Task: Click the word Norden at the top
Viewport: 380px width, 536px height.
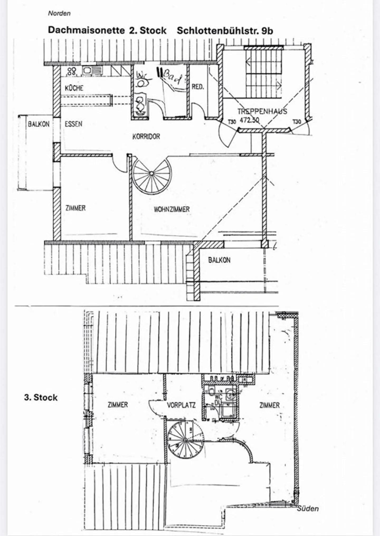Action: tap(59, 13)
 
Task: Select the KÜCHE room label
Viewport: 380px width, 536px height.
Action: tap(74, 88)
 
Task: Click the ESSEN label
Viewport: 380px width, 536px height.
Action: tap(73, 124)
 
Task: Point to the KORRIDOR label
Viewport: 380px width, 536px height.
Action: tap(146, 136)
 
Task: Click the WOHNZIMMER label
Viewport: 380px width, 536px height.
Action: tap(172, 209)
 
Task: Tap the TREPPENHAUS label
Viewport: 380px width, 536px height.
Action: tap(262, 111)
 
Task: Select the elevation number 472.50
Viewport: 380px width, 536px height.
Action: tap(249, 120)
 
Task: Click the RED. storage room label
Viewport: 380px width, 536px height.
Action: tap(198, 87)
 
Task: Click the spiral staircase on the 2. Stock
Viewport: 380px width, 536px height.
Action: tap(151, 174)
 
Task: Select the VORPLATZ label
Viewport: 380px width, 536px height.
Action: tap(181, 405)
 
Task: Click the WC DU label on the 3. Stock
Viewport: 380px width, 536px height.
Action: tap(218, 400)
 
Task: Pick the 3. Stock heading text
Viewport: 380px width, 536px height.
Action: tap(41, 398)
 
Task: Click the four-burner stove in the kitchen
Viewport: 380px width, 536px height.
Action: tap(72, 71)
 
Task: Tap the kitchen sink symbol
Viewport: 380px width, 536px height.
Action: tap(92, 70)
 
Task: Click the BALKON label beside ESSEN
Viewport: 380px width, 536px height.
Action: tap(39, 124)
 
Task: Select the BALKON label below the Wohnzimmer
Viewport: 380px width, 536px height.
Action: tap(219, 260)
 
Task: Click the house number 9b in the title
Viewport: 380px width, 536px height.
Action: tap(267, 31)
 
